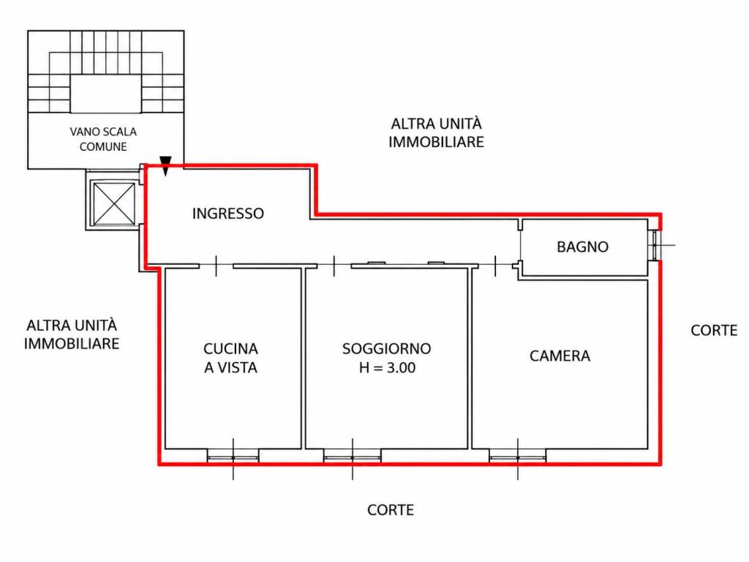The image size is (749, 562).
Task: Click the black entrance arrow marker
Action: pyautogui.click(x=165, y=165)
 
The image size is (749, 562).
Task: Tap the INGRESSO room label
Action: pyautogui.click(x=228, y=213)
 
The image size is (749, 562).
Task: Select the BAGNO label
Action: pyautogui.click(x=582, y=247)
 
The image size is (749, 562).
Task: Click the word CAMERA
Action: pyautogui.click(x=560, y=356)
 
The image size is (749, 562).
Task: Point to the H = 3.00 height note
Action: pyautogui.click(x=388, y=367)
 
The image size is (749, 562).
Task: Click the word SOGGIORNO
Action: pyautogui.click(x=386, y=348)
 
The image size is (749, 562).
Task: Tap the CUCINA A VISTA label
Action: pyautogui.click(x=230, y=358)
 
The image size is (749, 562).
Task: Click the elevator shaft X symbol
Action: pyautogui.click(x=113, y=203)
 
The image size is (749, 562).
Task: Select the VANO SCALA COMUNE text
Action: pyautogui.click(x=103, y=139)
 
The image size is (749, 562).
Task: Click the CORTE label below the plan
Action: pyautogui.click(x=391, y=510)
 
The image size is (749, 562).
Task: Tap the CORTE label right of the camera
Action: pyautogui.click(x=714, y=330)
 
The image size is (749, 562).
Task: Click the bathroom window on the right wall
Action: pyautogui.click(x=655, y=245)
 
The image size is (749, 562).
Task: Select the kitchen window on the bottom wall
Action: pyautogui.click(x=233, y=457)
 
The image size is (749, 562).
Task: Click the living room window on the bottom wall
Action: pyautogui.click(x=353, y=457)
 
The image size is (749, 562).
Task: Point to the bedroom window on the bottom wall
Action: pyautogui.click(x=518, y=457)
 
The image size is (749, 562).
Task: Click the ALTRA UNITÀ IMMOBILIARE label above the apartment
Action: pyautogui.click(x=436, y=133)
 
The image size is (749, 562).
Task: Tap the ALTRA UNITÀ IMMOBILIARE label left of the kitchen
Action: pyautogui.click(x=72, y=334)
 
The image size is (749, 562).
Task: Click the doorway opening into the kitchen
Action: pyautogui.click(x=216, y=266)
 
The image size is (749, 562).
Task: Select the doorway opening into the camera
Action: pyautogui.click(x=495, y=266)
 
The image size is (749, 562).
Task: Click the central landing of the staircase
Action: pyautogui.click(x=105, y=94)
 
